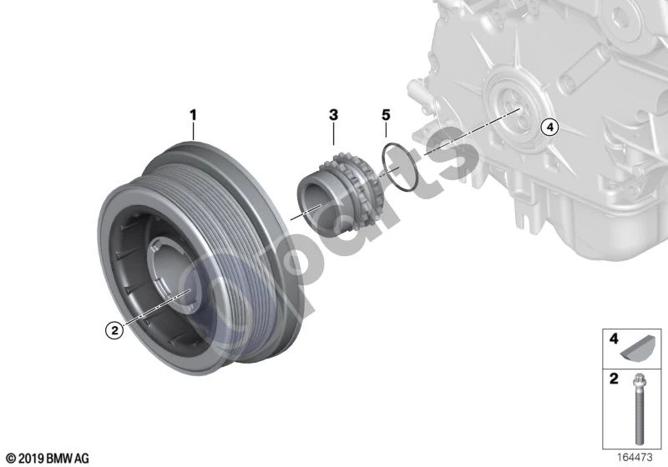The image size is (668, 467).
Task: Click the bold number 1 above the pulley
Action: click(x=193, y=115)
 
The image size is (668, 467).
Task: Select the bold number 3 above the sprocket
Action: click(x=333, y=115)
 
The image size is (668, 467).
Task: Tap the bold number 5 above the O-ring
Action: click(x=386, y=115)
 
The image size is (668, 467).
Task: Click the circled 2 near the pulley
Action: click(x=114, y=329)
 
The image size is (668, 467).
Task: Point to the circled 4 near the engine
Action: click(x=550, y=127)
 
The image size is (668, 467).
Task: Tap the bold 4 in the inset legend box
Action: click(x=614, y=339)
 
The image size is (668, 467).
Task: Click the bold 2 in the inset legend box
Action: click(x=614, y=379)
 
